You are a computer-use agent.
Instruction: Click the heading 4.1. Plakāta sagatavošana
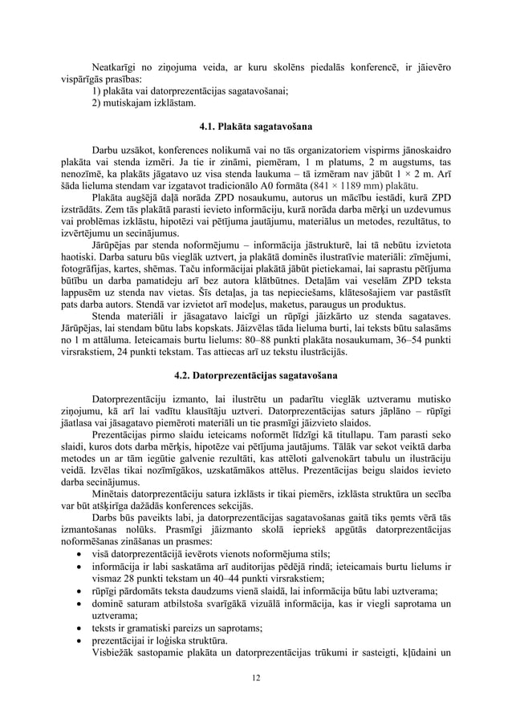click(x=256, y=127)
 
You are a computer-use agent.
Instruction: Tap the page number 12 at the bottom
click(x=256, y=680)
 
